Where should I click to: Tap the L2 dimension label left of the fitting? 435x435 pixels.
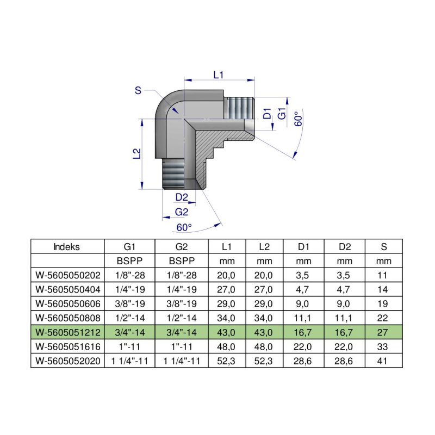click(x=136, y=154)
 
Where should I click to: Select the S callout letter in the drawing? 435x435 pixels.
click(x=138, y=91)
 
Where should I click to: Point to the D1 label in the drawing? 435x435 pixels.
click(x=267, y=114)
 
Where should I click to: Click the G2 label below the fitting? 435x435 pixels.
click(x=182, y=212)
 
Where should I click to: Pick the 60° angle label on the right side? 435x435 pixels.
click(x=297, y=120)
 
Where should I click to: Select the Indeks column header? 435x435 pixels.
click(x=67, y=246)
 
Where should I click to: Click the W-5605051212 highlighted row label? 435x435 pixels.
click(x=67, y=331)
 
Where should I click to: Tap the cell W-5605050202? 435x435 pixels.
click(x=67, y=275)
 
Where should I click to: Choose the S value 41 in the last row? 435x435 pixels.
click(x=384, y=359)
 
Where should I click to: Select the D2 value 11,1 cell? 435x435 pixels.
click(x=344, y=317)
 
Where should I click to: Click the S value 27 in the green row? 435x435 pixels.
click(x=384, y=331)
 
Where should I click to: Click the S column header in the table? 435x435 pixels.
click(x=384, y=246)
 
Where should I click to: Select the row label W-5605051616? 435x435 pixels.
click(x=67, y=345)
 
